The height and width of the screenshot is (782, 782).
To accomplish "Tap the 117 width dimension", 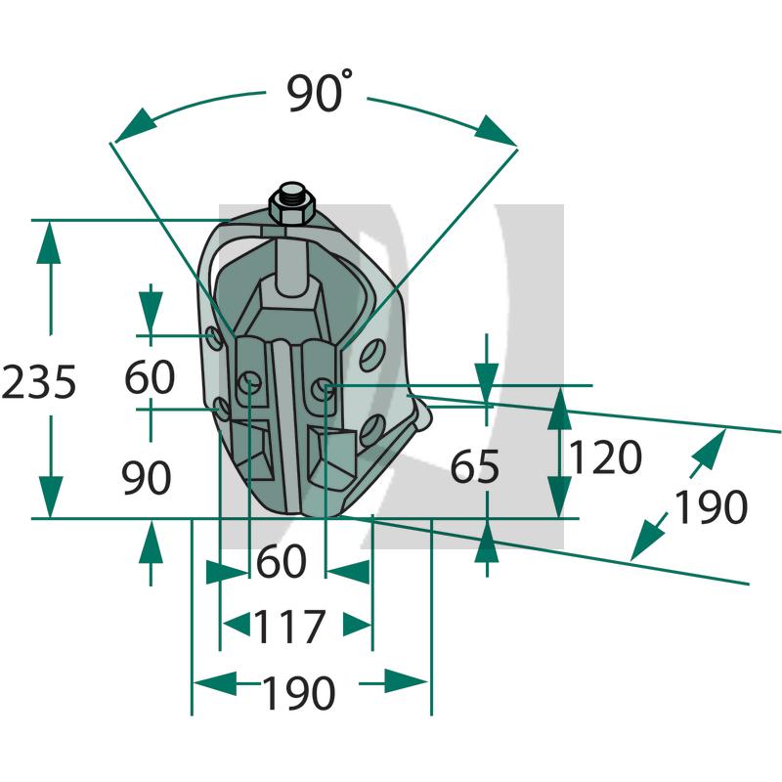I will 288,627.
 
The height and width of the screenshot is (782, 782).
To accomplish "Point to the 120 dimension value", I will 606,456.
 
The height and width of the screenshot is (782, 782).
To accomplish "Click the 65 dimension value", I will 475,468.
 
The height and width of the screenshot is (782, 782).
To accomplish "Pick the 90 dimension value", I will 147,477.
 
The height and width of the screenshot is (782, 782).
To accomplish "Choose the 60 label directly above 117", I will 282,562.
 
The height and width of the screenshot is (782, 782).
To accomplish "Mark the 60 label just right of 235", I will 150,377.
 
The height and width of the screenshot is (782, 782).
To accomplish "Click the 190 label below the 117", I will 298,694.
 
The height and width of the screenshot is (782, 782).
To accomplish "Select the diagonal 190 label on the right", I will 711,507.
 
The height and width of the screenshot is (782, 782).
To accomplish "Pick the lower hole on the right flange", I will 370,429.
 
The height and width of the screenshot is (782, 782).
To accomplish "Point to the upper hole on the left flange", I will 214,339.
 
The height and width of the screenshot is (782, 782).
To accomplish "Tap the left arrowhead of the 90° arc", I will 134,124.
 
